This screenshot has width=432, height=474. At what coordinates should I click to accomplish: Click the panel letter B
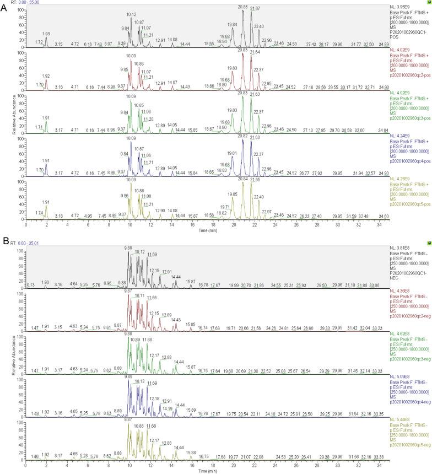pyautogui.click(x=4, y=241)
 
